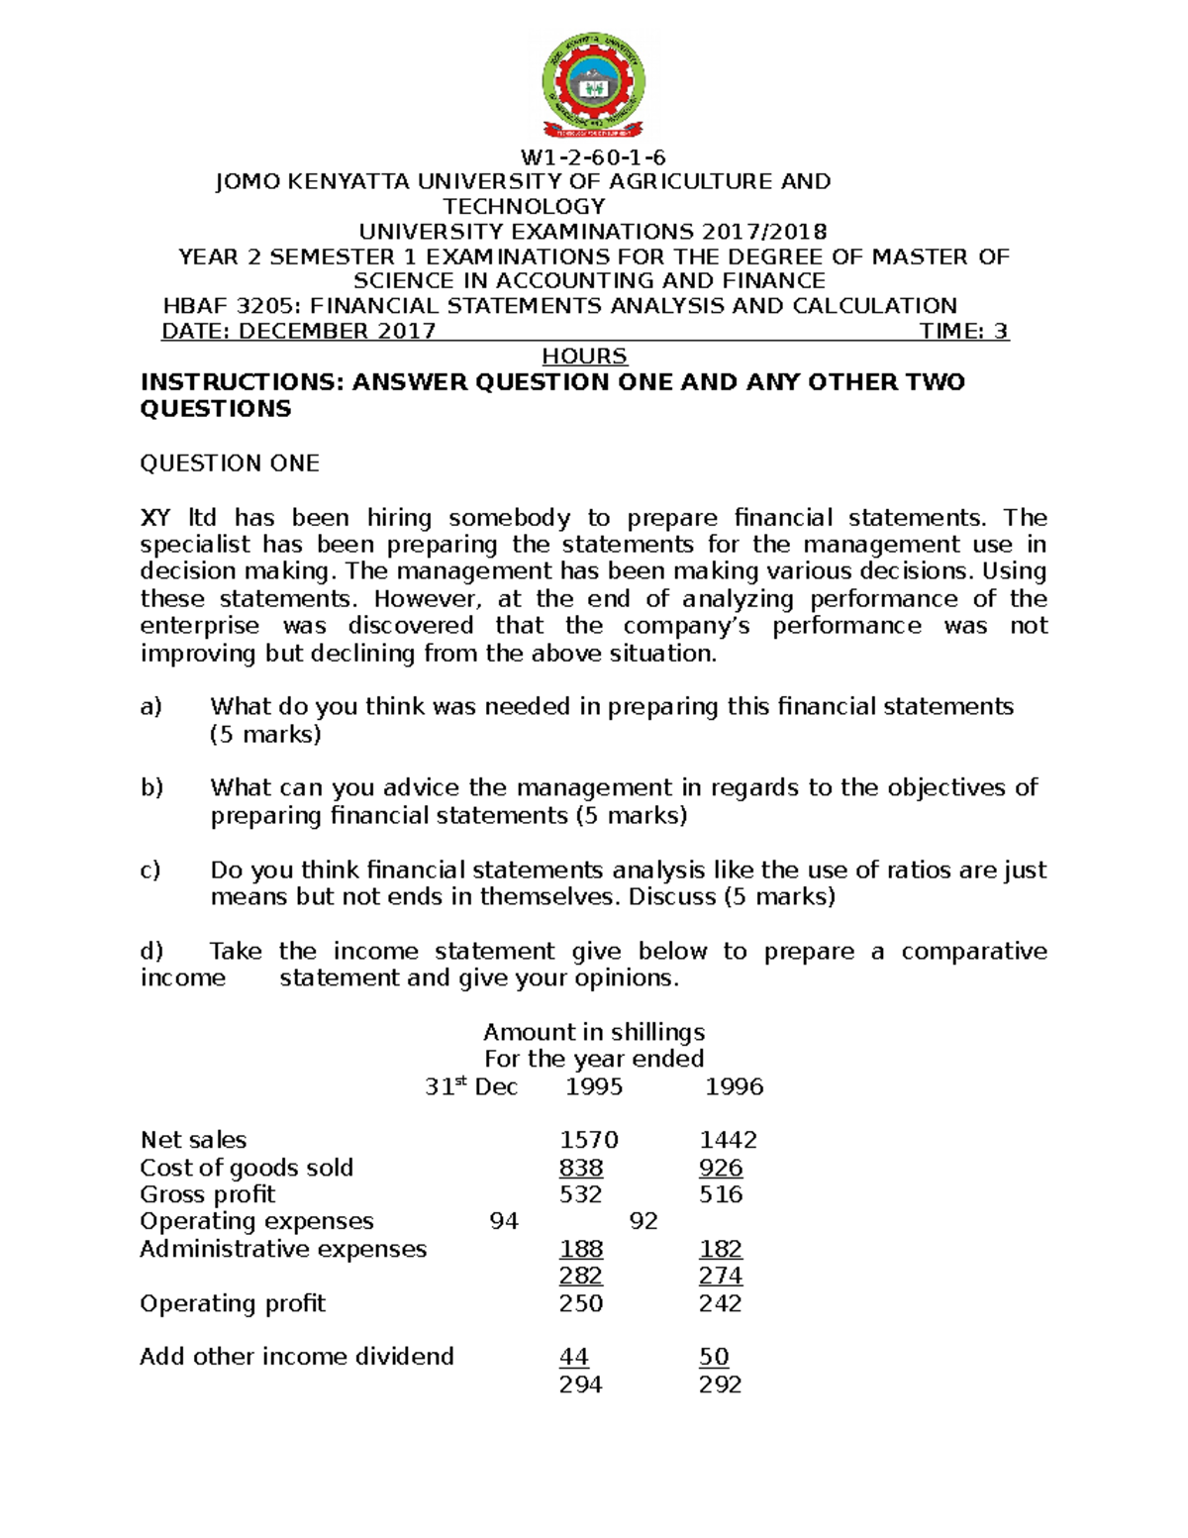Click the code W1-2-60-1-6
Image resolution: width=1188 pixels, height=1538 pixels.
593,157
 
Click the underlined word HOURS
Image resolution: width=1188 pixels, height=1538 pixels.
584,357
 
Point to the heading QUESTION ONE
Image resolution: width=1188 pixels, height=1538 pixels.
230,463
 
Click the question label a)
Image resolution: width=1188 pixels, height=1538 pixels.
150,707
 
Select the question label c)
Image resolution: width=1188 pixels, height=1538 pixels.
150,871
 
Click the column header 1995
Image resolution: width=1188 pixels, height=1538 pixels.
594,1087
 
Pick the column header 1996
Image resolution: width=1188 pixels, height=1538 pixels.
734,1087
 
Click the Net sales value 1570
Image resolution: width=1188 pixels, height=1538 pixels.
589,1141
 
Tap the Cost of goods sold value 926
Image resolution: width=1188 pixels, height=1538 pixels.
721,1169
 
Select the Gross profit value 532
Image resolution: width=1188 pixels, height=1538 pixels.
581,1195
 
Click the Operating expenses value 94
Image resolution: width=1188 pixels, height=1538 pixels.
504,1222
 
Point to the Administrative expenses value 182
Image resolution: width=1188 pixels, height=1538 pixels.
721,1250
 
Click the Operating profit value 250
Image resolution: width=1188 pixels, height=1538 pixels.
581,1304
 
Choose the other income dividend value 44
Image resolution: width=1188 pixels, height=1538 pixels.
574,1358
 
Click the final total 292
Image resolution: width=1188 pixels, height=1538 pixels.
721,1385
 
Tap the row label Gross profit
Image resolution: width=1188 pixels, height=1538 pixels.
208,1195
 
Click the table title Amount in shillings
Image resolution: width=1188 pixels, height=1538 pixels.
594,1033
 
